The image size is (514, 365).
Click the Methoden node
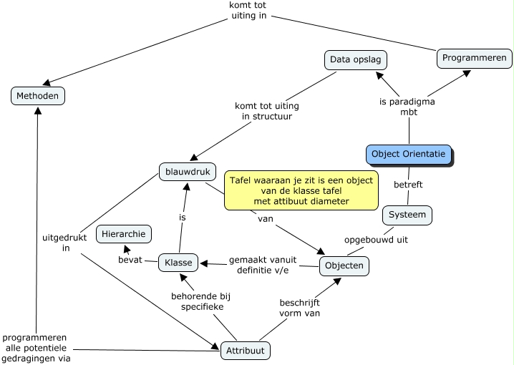pos(38,95)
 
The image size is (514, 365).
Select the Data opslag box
pos(354,59)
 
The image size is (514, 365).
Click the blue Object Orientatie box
pos(409,154)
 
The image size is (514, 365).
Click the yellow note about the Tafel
pos(301,191)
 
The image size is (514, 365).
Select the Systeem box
pos(408,214)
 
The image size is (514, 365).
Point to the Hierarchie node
pos(124,234)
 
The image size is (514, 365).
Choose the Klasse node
pos(178,263)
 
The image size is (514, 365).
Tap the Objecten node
pos(344,266)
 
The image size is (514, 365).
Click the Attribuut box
pos(246,351)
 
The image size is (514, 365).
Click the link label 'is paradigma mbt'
pos(407,107)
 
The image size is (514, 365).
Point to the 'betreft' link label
pos(408,185)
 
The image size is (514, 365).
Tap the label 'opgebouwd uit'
pos(376,240)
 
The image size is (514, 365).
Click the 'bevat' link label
pos(130,259)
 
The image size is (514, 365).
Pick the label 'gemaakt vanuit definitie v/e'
pos(259,265)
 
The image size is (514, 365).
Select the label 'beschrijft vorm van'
pos(300,307)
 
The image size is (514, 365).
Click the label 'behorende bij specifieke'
pos(198,301)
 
